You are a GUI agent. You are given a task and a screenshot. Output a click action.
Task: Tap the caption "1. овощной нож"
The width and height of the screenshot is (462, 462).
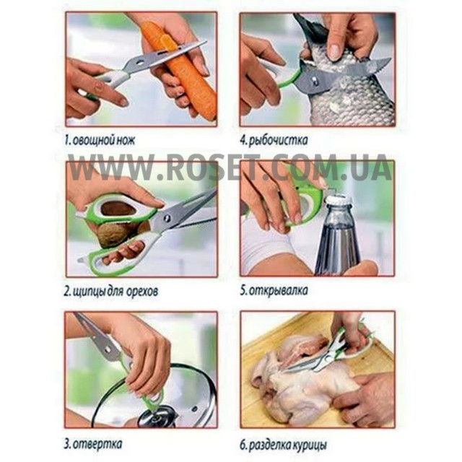(x=100, y=140)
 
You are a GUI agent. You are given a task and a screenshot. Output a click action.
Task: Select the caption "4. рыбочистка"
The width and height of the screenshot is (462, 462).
(x=274, y=140)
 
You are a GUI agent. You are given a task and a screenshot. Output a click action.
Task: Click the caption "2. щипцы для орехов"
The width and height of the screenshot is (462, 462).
(x=111, y=292)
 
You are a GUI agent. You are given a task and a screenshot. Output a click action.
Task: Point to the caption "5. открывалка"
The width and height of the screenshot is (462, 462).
(x=274, y=290)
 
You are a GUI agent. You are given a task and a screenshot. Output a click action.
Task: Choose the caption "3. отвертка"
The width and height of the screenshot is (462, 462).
(x=93, y=443)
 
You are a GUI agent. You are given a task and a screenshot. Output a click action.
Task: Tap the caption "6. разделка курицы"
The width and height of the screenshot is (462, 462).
(x=283, y=445)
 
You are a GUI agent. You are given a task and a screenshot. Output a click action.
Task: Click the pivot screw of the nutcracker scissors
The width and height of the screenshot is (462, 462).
(x=167, y=218)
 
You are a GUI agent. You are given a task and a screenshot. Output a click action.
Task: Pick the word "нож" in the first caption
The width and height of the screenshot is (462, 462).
(x=126, y=140)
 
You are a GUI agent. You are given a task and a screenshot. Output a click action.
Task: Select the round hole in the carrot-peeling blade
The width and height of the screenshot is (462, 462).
(x=139, y=62)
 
